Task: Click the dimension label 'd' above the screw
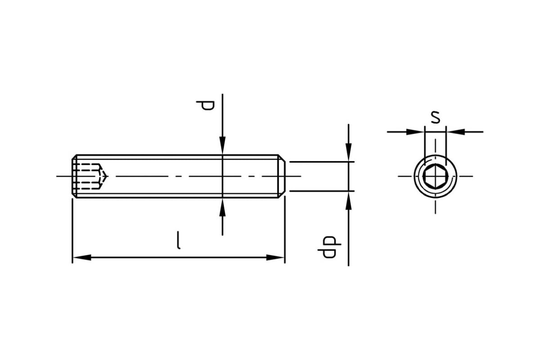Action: [x=205, y=106]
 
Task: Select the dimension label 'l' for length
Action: [x=178, y=240]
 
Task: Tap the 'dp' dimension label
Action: [x=329, y=247]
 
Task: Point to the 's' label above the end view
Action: [x=436, y=117]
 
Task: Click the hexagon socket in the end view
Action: [x=436, y=176]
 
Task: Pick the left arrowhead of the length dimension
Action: [x=82, y=257]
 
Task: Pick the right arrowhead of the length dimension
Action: [x=275, y=257]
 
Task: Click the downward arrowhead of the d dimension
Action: [x=222, y=145]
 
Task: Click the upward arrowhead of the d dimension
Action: [x=222, y=207]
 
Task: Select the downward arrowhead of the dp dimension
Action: [x=349, y=153]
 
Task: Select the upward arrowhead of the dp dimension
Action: [x=349, y=201]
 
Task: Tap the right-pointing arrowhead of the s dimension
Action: [x=415, y=132]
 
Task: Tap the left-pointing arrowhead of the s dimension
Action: [x=456, y=132]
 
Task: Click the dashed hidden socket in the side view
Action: [x=90, y=176]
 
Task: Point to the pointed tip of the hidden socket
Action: [x=107, y=176]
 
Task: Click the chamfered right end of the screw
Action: [x=282, y=176]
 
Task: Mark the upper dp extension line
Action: [x=322, y=162]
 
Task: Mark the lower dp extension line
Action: [x=322, y=191]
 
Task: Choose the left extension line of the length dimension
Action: [x=72, y=231]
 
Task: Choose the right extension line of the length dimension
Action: [x=285, y=229]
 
